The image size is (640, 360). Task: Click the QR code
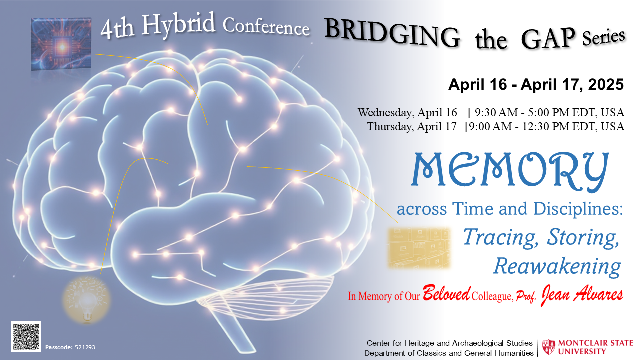(x=26, y=336)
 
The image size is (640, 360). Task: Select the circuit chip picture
(x=61, y=43)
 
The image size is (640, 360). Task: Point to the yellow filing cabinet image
(x=419, y=247)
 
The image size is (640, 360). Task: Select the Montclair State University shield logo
(x=549, y=347)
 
